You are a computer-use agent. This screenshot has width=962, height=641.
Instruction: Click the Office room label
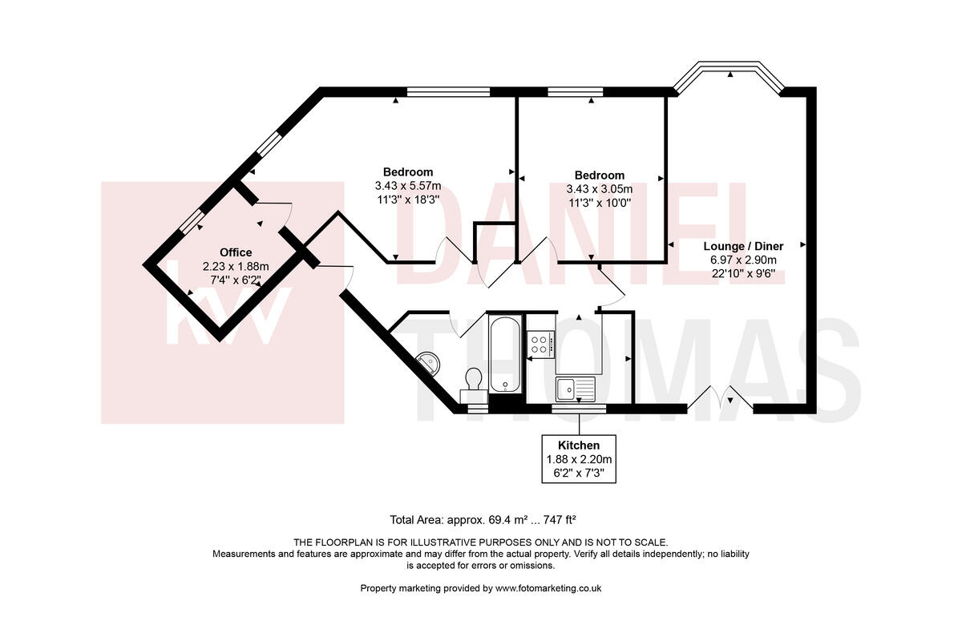point(236,252)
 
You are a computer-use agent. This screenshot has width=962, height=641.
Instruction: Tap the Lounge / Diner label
point(742,246)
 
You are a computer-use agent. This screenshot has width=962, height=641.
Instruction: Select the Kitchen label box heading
point(580,445)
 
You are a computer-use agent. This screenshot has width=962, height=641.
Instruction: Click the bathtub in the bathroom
point(504,355)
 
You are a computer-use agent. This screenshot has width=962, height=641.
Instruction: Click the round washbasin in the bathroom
point(428,361)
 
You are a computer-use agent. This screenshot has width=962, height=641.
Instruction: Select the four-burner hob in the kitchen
point(540,345)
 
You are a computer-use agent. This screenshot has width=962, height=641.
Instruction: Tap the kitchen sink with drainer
point(576,389)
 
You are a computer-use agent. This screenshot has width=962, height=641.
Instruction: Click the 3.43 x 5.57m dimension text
point(407,187)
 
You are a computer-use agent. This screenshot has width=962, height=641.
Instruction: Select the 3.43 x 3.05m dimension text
point(599,190)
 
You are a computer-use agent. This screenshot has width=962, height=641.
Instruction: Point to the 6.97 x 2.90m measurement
point(742,260)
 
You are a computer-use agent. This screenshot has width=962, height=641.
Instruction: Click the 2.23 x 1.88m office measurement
point(236,266)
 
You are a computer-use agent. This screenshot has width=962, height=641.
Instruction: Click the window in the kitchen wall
point(579,409)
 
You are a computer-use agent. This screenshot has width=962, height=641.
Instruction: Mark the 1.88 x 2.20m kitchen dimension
point(580,459)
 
